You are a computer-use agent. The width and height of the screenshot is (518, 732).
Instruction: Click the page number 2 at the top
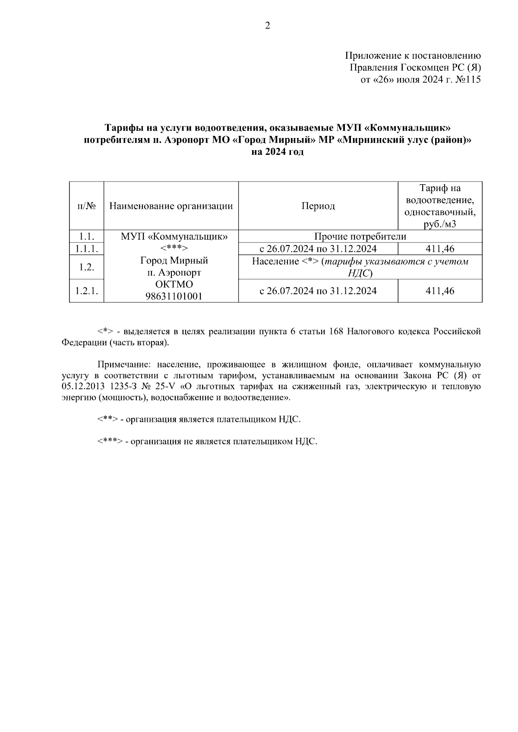point(267,26)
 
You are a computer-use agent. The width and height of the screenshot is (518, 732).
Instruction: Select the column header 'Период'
point(318,206)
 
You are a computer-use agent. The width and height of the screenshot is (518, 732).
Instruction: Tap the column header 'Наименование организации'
point(171,206)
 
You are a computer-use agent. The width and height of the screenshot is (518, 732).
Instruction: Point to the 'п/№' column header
point(86,206)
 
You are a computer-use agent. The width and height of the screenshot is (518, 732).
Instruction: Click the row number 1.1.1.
point(86,249)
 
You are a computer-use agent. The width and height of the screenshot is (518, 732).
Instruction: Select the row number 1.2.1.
point(86,291)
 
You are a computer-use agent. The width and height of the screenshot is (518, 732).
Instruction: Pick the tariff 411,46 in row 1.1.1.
point(440,249)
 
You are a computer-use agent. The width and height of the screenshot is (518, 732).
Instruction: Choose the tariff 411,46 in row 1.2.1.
point(440,291)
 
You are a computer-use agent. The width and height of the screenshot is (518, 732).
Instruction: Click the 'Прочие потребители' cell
point(360,236)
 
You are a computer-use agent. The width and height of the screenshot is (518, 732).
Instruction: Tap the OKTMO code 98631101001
point(174,296)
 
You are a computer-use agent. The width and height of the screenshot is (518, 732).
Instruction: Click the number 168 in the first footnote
point(336,332)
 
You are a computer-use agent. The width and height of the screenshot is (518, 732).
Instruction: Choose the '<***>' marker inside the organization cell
point(174,249)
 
